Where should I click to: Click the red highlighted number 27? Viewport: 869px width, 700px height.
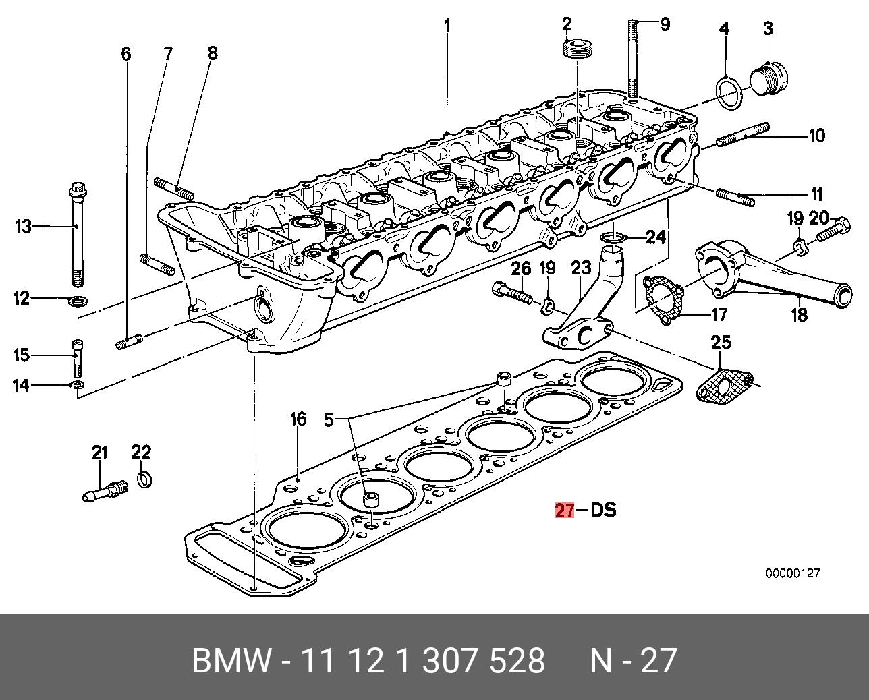(x=564, y=510)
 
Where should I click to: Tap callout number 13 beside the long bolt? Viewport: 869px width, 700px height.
(x=24, y=226)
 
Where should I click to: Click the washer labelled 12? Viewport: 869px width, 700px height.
(x=78, y=299)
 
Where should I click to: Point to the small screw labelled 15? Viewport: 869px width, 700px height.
(x=77, y=357)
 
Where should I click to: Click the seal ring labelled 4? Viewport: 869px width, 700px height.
(x=730, y=92)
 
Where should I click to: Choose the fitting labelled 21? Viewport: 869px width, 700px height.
(x=105, y=490)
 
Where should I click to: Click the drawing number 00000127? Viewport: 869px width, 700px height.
(x=792, y=573)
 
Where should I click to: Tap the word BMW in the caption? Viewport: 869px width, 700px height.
(x=232, y=661)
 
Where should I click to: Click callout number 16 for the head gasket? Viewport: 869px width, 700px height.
(x=298, y=419)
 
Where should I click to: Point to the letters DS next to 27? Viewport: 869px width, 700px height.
(x=603, y=510)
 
